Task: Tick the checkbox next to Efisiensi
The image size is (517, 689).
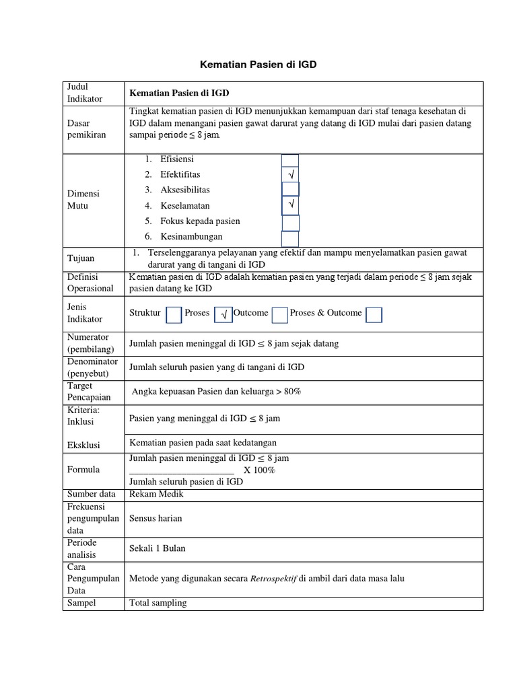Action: click(x=289, y=160)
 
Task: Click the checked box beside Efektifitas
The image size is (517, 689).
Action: click(x=290, y=175)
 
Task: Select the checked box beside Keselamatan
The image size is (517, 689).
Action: click(x=290, y=203)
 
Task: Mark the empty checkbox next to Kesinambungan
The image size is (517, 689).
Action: click(x=290, y=238)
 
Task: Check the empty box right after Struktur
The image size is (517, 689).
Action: click(x=174, y=314)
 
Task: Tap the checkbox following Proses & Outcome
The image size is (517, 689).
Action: click(x=374, y=314)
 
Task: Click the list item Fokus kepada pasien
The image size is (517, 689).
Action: click(x=200, y=221)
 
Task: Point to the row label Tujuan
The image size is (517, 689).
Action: click(x=81, y=258)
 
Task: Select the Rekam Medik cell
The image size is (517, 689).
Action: click(x=156, y=494)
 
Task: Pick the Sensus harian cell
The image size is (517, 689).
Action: click(x=156, y=519)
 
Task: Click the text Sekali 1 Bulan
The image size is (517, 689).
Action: click(x=157, y=548)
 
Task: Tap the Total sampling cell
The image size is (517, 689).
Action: click(x=158, y=603)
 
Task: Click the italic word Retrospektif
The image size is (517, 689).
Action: click(x=273, y=578)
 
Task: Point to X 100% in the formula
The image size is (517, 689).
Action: click(x=259, y=470)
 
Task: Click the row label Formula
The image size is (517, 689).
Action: click(x=83, y=470)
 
